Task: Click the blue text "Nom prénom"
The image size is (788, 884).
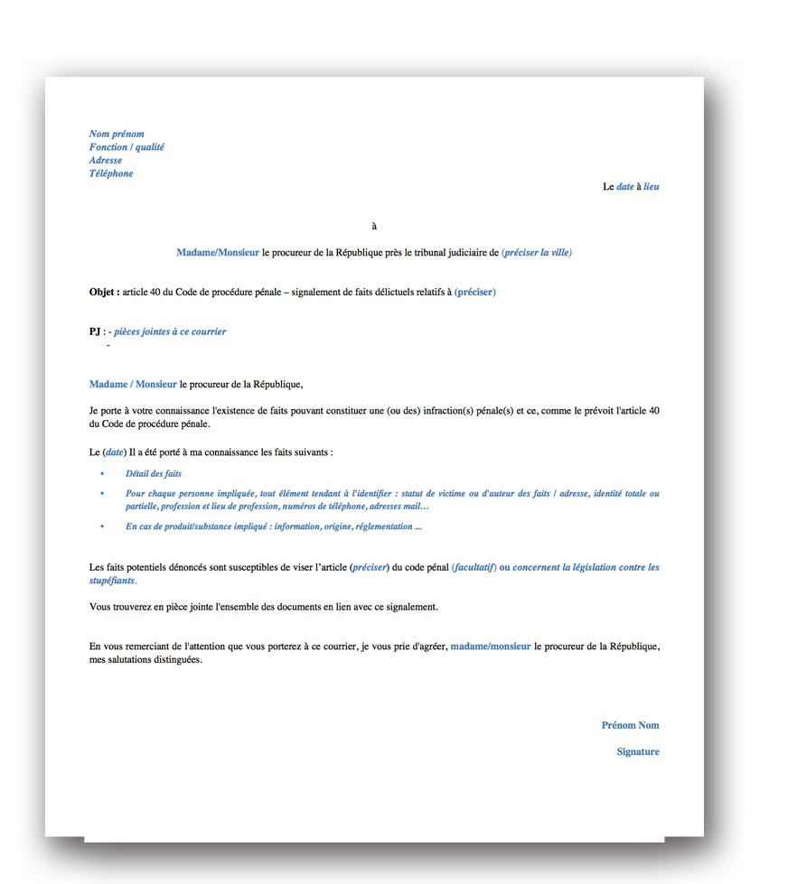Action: (x=117, y=134)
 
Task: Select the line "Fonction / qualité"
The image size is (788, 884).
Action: (x=127, y=147)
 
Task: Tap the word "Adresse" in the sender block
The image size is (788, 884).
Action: (x=106, y=161)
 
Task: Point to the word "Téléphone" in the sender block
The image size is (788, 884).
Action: (x=111, y=173)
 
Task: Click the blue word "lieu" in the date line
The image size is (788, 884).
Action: (x=651, y=187)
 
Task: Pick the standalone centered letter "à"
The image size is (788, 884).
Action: (x=374, y=226)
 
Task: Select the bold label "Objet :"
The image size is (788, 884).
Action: (x=104, y=293)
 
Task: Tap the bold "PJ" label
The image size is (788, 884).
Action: (x=95, y=331)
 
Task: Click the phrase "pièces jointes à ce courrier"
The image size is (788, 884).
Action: (x=170, y=331)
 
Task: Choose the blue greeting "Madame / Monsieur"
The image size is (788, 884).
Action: (x=133, y=385)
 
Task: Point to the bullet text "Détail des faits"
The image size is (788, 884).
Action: (x=154, y=473)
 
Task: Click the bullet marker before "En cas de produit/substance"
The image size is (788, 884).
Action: (x=102, y=526)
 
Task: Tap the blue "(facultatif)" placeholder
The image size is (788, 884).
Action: (x=474, y=567)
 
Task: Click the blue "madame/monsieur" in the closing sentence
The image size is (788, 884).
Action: (x=491, y=647)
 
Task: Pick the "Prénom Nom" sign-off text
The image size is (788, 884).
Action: (x=630, y=725)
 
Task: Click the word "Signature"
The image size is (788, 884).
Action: (x=638, y=751)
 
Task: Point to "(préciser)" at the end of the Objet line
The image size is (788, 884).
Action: (x=475, y=293)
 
